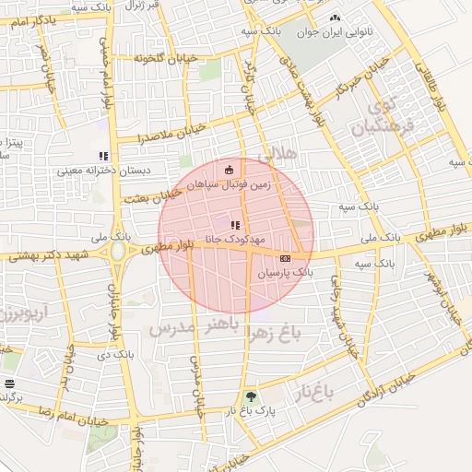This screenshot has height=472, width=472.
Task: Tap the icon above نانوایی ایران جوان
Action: pyautogui.click(x=334, y=18)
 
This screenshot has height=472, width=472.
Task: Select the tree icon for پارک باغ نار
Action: pyautogui.click(x=250, y=398)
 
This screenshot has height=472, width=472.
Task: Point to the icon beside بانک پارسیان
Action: pyautogui.click(x=285, y=259)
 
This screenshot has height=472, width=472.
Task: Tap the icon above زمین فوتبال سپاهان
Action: pyautogui.click(x=230, y=169)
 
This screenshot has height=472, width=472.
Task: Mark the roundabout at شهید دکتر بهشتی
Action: pyautogui.click(x=118, y=250)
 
